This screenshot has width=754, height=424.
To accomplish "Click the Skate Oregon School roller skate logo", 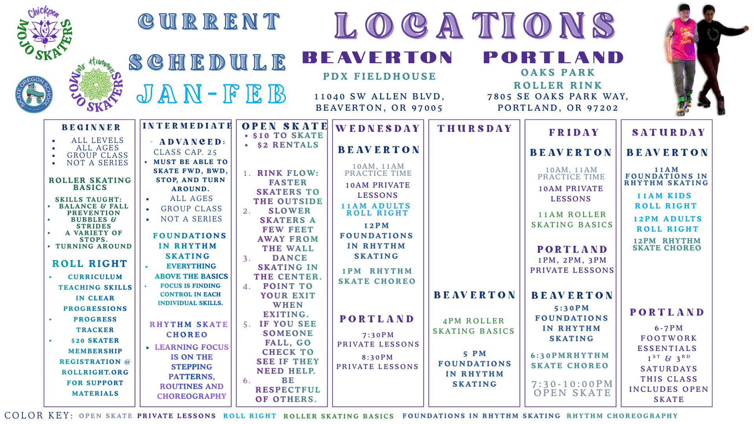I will coord(34,95).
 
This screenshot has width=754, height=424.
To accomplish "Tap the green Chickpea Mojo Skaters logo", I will coord(45,34).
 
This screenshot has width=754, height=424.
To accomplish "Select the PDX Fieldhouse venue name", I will coord(379,76).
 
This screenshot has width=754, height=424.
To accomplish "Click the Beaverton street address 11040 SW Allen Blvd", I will coord(379,97).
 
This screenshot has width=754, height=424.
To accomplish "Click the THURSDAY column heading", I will coord(474,129).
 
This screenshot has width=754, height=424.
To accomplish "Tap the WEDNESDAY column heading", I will coord(378,129).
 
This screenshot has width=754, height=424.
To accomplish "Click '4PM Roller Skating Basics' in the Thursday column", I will coord(474,326).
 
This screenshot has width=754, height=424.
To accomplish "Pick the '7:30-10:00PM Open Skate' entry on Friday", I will coord(572,388).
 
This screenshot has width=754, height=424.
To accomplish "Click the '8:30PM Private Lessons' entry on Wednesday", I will coord(377,362).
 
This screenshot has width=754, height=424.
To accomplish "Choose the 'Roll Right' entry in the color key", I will coord(250,416).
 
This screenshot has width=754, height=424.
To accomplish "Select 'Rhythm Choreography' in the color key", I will coord(622,416).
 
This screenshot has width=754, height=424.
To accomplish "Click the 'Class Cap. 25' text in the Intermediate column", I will coord(185,152).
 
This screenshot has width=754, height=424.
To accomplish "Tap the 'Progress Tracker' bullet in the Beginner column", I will coord(95,324).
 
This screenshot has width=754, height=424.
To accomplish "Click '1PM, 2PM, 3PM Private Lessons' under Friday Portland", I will coord(572,265).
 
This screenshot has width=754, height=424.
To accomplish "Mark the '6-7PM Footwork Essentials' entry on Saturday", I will coord(668,338).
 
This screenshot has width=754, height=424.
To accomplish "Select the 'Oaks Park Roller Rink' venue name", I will coord(558,79).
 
